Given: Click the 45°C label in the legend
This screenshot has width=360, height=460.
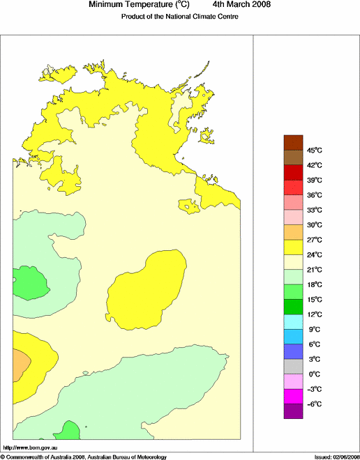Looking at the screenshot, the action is pyautogui.click(x=314, y=151).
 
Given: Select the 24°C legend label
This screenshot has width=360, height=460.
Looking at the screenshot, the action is pyautogui.click(x=314, y=255).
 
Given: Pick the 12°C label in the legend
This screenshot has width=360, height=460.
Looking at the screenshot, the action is pyautogui.click(x=314, y=314).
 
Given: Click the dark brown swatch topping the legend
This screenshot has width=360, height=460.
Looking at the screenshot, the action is pyautogui.click(x=293, y=142).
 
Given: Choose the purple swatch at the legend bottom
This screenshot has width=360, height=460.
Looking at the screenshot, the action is pyautogui.click(x=293, y=411).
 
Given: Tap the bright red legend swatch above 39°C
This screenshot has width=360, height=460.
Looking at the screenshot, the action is pyautogui.click(x=293, y=172).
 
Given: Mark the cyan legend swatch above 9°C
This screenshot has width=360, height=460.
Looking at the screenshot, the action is pyautogui.click(x=293, y=321).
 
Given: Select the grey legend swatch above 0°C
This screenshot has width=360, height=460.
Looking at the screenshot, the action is pyautogui.click(x=293, y=366).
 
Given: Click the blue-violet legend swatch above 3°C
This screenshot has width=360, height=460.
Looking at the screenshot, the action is pyautogui.click(x=293, y=351).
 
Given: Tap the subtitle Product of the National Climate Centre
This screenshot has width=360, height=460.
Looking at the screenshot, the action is pyautogui.click(x=179, y=16).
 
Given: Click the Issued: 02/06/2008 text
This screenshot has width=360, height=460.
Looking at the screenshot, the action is pyautogui.click(x=331, y=457).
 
